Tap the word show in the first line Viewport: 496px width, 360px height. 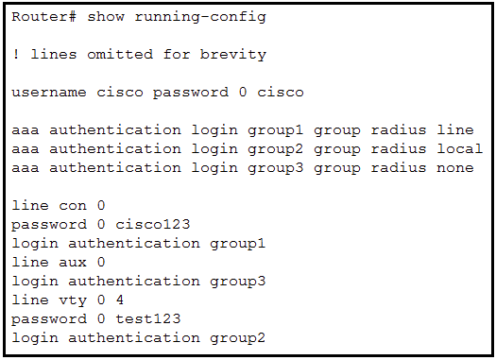pyautogui.click(x=106, y=17)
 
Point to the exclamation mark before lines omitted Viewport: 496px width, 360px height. pyautogui.click(x=16, y=55)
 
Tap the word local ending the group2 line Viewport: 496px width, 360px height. pyautogui.click(x=460, y=149)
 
